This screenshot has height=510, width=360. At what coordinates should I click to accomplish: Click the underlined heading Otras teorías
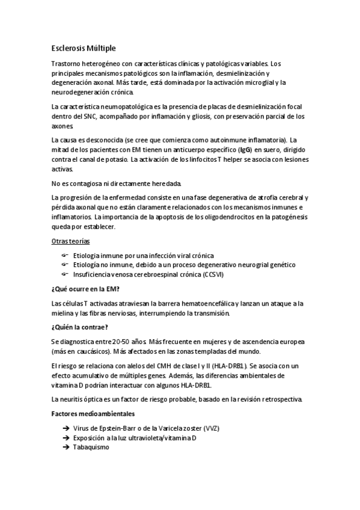pos(70,241)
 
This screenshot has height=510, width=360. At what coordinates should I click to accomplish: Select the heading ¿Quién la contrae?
pos(80,327)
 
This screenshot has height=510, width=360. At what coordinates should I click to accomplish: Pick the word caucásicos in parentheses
pos(85,351)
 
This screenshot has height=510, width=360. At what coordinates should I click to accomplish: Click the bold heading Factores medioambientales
pos(93,414)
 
